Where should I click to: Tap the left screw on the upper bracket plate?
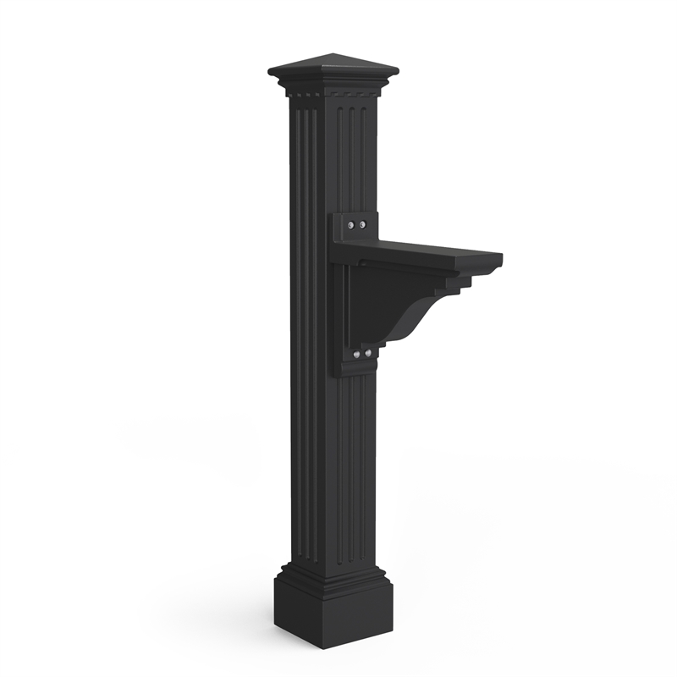[351, 226]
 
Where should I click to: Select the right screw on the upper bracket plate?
[362, 225]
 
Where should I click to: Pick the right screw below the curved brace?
[367, 352]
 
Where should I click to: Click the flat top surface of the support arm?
[423, 249]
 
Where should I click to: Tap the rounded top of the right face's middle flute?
[351, 110]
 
